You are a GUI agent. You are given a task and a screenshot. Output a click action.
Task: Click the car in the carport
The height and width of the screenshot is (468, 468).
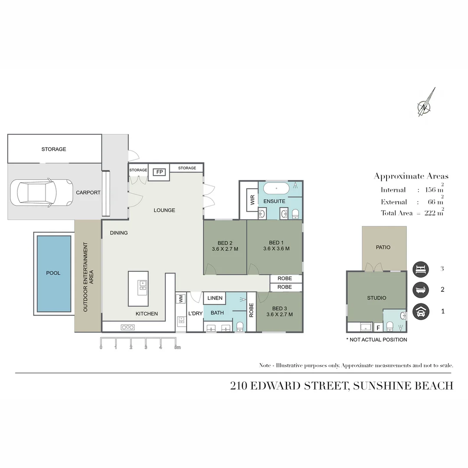click(x=42, y=192)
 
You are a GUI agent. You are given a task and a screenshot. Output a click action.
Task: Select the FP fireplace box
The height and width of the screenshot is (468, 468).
click(x=159, y=172)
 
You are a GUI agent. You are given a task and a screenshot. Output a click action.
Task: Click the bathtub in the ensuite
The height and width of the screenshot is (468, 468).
click(x=276, y=188)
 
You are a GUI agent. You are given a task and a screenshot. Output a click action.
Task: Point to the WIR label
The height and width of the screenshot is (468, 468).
click(x=253, y=200)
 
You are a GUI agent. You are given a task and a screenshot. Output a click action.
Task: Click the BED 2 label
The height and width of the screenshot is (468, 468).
click(x=225, y=243)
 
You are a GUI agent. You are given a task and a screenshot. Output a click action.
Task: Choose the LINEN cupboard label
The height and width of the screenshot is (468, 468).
click(x=215, y=298)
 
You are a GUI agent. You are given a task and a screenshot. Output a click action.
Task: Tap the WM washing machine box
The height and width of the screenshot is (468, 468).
click(x=181, y=299)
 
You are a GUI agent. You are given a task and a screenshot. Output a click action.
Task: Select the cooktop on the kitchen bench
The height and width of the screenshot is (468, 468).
click(x=128, y=328)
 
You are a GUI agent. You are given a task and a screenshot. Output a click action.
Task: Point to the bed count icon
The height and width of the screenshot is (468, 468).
click(x=420, y=269)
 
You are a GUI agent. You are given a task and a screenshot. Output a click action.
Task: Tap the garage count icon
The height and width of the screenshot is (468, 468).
click(x=420, y=312)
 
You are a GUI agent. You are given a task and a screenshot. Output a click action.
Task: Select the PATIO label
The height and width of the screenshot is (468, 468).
click(x=383, y=247)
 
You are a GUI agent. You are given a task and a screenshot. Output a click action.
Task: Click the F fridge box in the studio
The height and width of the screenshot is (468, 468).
click(x=378, y=328)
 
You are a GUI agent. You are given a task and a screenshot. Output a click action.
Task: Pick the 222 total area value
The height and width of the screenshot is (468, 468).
click(x=430, y=213)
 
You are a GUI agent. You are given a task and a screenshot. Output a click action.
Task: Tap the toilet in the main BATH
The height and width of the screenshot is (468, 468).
click(x=240, y=327)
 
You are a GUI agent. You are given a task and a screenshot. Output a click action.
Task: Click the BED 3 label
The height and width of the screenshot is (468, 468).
click(x=279, y=309)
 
